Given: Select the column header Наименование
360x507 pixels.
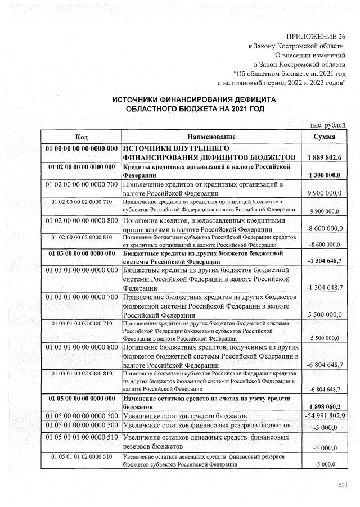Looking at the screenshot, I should click(211, 137).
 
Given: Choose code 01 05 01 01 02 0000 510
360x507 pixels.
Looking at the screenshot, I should click(82, 457).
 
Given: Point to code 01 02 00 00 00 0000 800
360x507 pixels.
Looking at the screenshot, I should click(82, 220).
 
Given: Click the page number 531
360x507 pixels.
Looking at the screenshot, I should click(343, 485).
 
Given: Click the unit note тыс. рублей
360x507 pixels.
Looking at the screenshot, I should click(328, 125).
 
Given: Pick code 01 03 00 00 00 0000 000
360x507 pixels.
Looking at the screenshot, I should click(82, 255).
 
